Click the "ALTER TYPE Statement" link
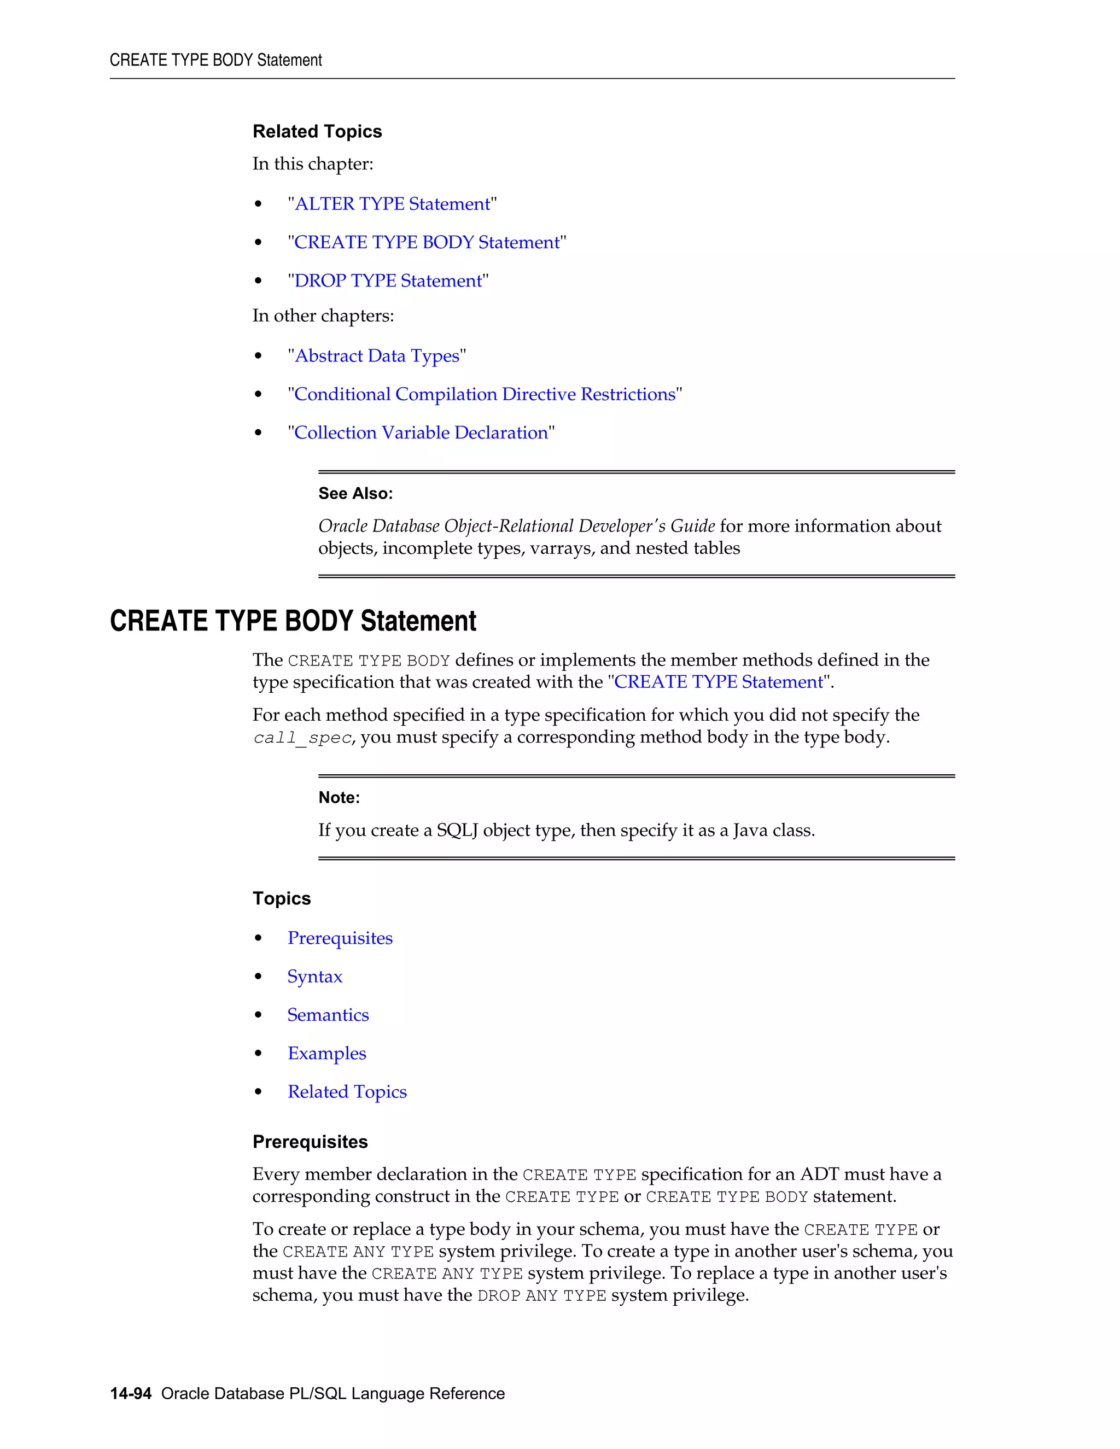[392, 204]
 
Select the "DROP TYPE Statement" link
[388, 281]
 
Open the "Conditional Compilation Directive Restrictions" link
[485, 394]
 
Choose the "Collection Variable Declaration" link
[421, 433]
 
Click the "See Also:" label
[355, 494]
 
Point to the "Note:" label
[339, 797]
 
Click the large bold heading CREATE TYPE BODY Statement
[293, 621]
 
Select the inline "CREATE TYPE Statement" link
[719, 682]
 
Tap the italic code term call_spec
[302, 738]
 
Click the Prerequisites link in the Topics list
[340, 938]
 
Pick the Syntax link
[314, 977]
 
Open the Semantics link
[328, 1015]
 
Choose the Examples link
[326, 1054]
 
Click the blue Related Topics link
[347, 1092]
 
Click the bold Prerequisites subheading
[310, 1142]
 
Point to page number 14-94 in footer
[131, 1393]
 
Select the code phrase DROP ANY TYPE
[541, 1296]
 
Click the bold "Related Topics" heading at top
[317, 131]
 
